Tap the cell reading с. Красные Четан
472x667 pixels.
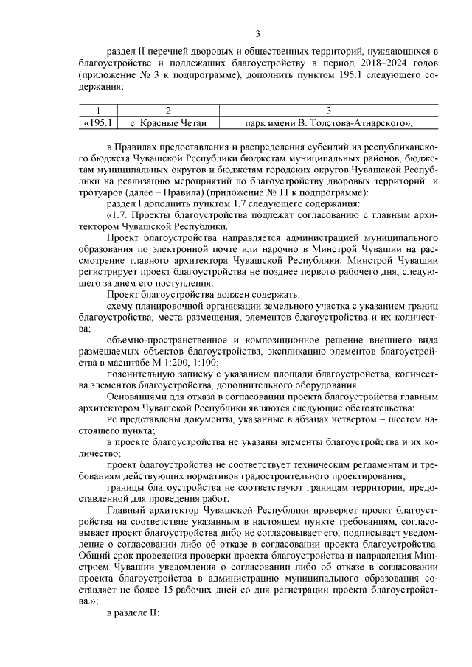(169, 123)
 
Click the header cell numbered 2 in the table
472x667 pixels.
(169, 111)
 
